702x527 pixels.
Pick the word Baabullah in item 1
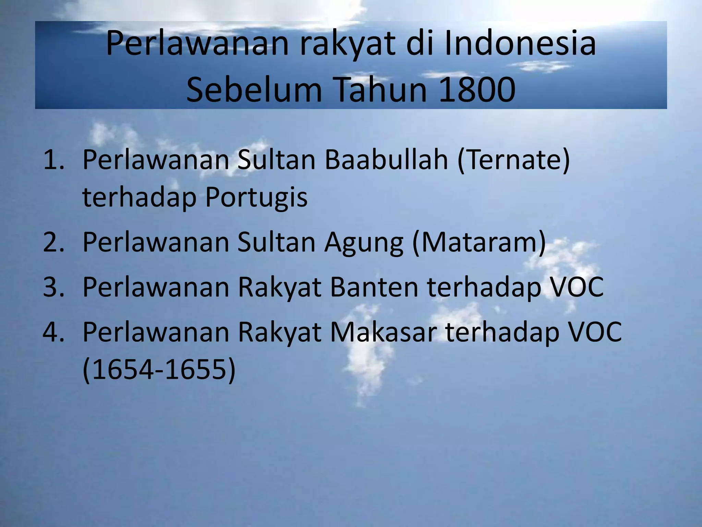click(386, 160)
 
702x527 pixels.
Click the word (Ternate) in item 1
click(513, 160)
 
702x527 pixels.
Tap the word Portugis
click(256, 198)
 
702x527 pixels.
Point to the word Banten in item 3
click(374, 287)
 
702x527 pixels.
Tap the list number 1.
click(53, 160)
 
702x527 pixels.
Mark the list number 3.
click(53, 287)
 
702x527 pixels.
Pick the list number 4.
click(53, 332)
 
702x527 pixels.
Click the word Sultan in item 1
click(276, 160)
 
